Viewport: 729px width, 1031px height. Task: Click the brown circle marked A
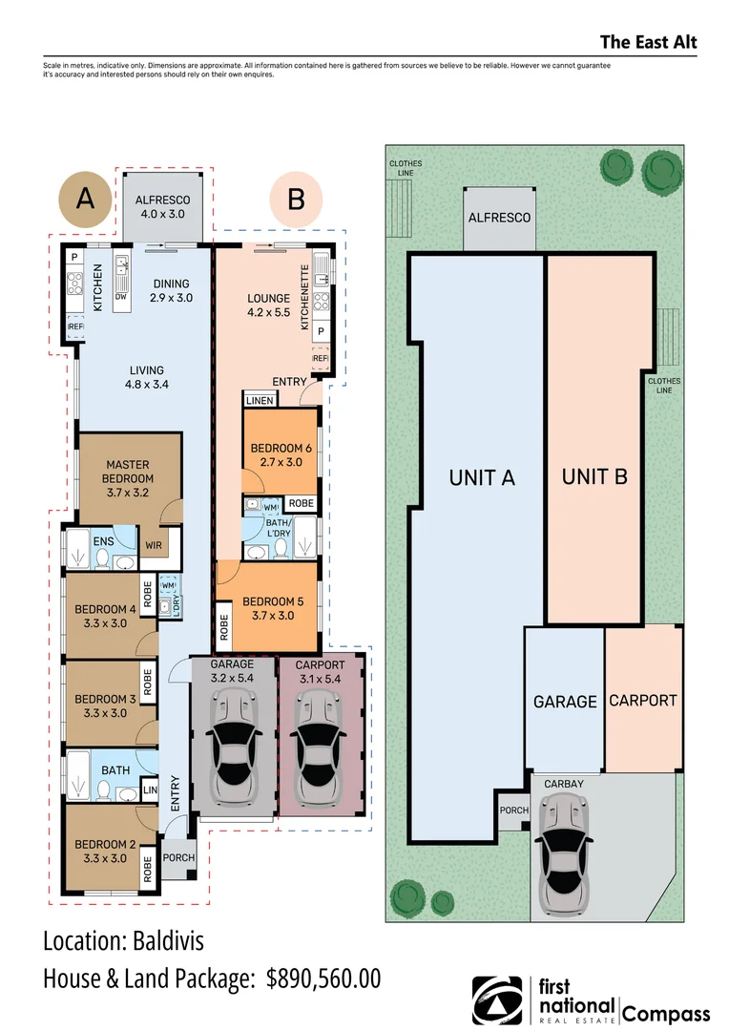pos(85,200)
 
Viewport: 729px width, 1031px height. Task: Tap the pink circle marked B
pos(296,200)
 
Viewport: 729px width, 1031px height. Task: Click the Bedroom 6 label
pos(281,455)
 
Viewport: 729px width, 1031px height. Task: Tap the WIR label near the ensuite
pos(154,545)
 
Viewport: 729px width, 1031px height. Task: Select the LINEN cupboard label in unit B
pos(259,400)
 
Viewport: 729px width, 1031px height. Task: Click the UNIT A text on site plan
pos(482,478)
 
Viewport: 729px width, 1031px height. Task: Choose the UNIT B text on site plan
pos(594,476)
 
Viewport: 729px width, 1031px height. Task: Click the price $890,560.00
pos(323,978)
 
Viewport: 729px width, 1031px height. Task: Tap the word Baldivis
pos(168,941)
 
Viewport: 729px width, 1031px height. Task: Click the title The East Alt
pos(648,42)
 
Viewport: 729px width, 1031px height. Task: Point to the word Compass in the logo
pos(666,1013)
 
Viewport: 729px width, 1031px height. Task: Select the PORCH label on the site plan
pos(513,810)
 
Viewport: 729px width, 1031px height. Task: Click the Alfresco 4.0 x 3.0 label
pos(162,206)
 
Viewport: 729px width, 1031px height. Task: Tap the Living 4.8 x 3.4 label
pos(147,377)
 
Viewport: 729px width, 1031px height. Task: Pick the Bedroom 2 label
pos(105,851)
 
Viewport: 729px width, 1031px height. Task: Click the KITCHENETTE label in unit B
pos(304,297)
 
